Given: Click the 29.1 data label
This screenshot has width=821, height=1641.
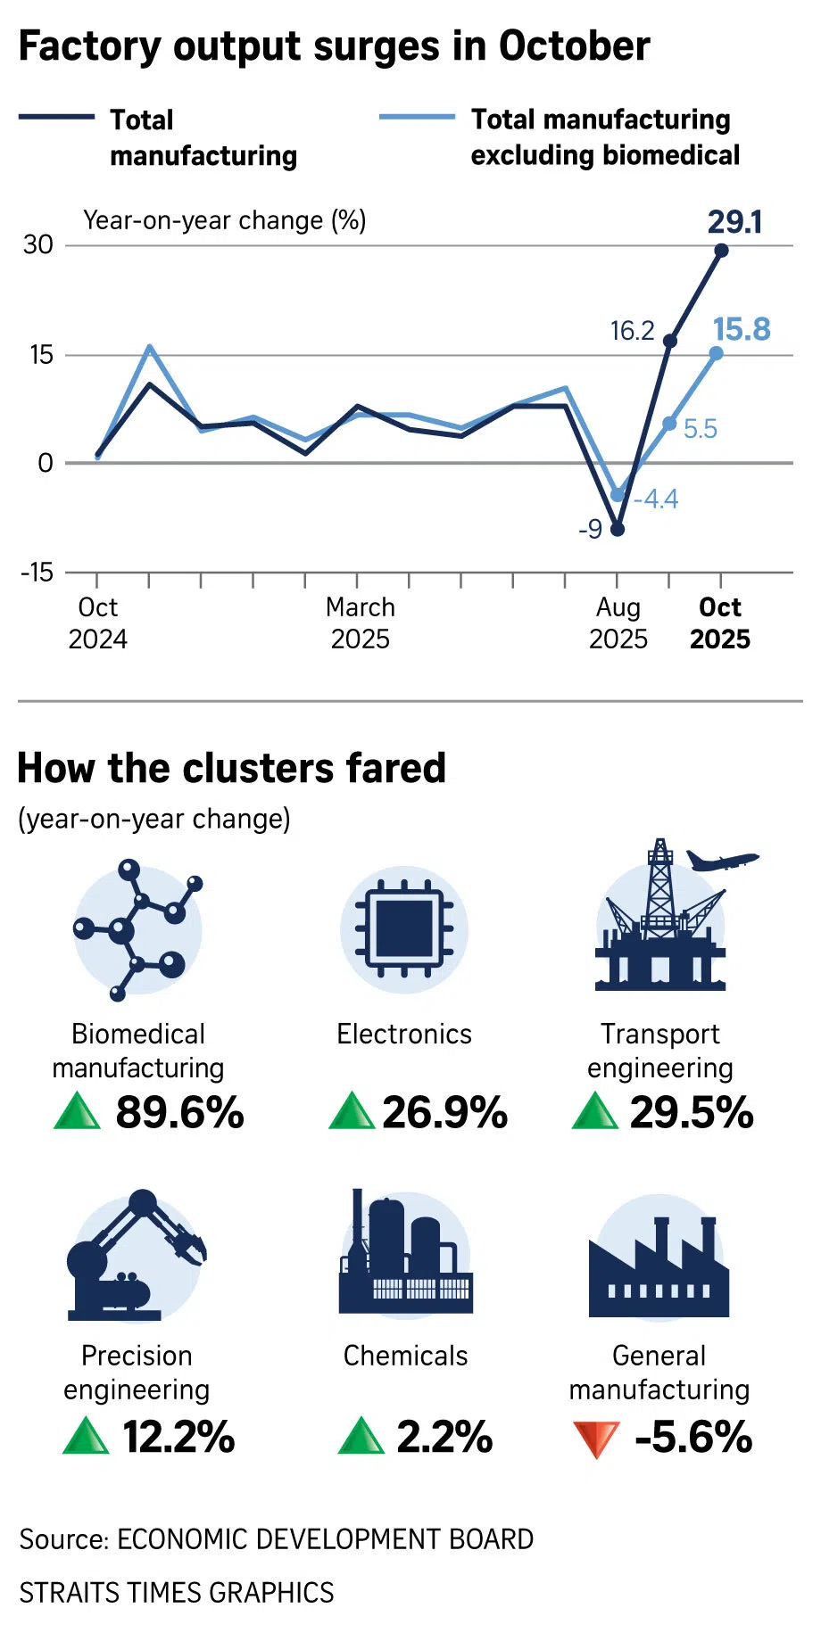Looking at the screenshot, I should (734, 222).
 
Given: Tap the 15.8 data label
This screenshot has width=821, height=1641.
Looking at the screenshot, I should (742, 330).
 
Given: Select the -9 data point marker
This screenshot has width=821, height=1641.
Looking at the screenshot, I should (617, 529).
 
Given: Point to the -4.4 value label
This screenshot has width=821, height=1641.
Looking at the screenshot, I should (656, 499).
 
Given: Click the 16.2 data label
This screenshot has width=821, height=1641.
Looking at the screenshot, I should (632, 331).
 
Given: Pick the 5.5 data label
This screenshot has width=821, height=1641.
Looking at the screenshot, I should (701, 429).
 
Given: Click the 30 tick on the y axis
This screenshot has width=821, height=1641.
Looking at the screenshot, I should (38, 244).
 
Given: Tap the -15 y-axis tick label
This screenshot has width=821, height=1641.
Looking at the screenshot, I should (37, 572).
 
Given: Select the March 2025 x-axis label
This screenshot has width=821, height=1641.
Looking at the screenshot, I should (360, 623).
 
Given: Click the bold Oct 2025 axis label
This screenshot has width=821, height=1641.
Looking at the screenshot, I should (719, 623).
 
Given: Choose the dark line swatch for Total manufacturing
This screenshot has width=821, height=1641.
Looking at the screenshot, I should (56, 117).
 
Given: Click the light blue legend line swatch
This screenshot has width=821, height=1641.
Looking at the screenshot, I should (417, 117).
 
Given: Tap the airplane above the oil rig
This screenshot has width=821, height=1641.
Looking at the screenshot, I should (722, 861).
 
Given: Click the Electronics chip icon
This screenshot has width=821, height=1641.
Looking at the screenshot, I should (404, 929).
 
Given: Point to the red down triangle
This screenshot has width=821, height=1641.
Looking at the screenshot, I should (595, 1438).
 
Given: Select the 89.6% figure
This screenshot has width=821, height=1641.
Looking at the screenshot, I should (179, 1112).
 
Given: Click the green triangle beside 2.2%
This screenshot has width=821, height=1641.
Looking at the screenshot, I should (361, 1436).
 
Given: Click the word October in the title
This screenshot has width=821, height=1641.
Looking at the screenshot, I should (574, 46).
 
